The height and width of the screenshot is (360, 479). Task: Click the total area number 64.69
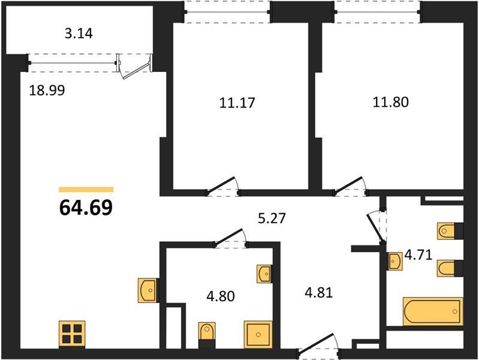coord(86,208)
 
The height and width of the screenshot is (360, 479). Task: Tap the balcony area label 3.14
coord(79,34)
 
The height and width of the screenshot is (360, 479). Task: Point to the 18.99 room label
coord(47,91)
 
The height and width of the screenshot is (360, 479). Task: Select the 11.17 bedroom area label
coord(237,103)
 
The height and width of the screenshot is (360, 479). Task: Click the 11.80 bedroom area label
coord(390,102)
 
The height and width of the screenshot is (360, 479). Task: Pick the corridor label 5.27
coord(272,218)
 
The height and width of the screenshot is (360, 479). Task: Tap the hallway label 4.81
coord(318,293)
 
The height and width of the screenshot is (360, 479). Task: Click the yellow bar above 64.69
coord(86,190)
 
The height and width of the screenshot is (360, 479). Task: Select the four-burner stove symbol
coord(72,334)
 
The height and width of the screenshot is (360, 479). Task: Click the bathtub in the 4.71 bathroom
coord(433,311)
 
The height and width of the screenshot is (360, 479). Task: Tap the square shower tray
coord(258,335)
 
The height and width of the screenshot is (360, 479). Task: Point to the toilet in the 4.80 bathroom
coord(207,335)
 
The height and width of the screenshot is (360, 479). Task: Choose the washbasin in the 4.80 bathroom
coord(264,274)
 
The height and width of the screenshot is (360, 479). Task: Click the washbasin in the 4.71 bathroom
coord(394,261)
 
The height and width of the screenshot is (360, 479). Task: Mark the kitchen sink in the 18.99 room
coord(148,290)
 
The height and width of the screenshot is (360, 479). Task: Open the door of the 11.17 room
coord(222,187)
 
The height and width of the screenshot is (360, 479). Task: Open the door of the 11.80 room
coord(350,186)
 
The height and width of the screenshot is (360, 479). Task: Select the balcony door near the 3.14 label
coord(135,66)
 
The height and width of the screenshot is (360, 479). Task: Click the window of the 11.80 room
coord(378,11)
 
